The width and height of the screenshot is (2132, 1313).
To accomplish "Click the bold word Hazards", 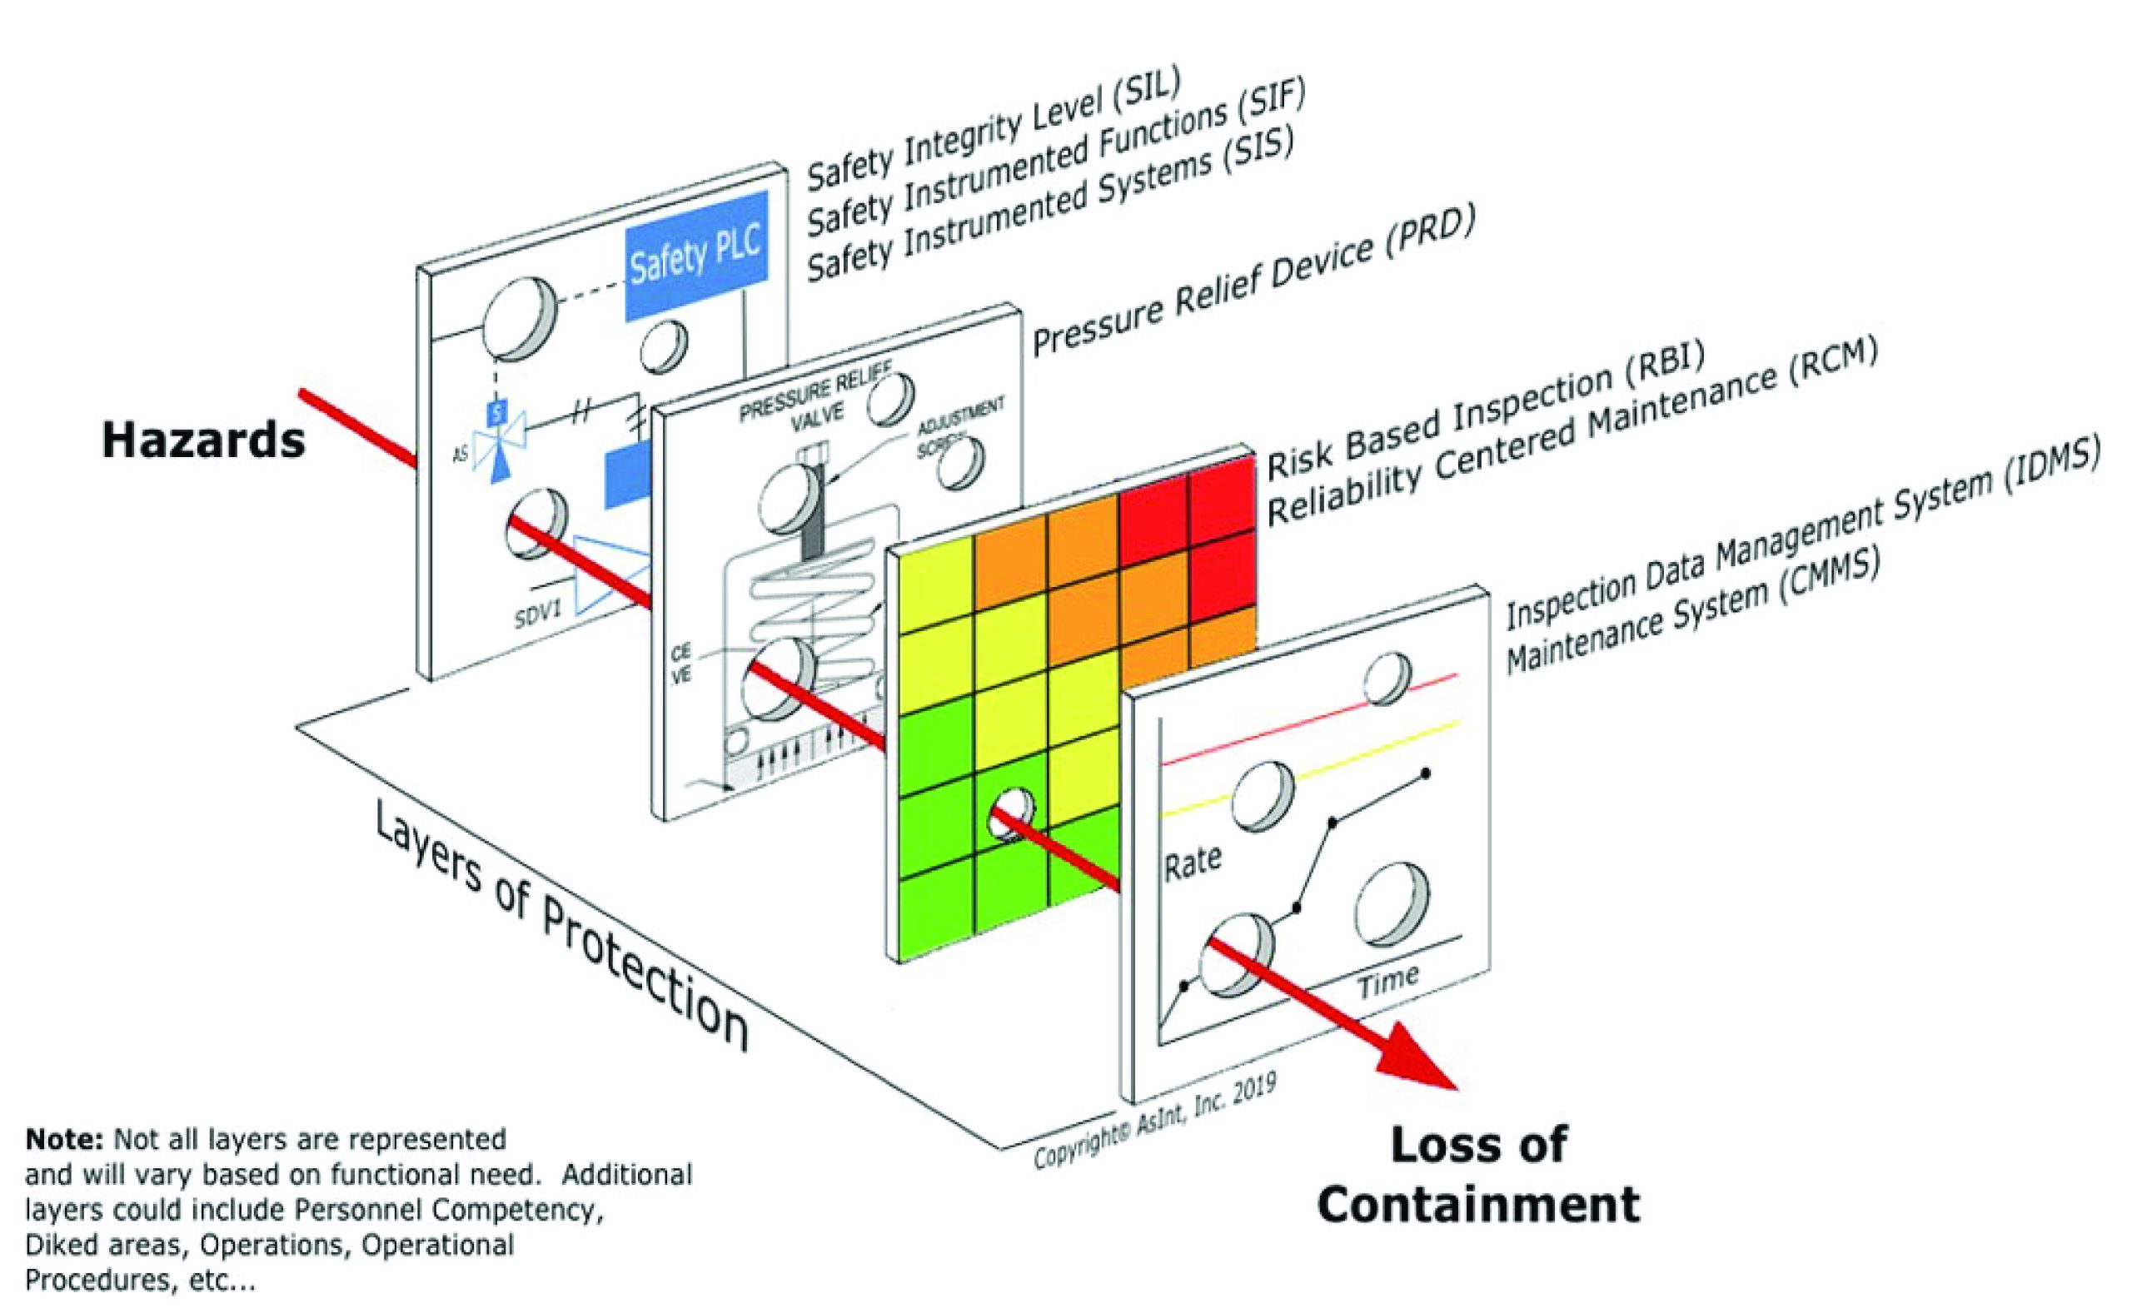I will pos(203,440).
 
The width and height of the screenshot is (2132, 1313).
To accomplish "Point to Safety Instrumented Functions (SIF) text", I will pos(1056,160).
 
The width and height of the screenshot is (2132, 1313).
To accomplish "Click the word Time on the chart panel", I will pos(1387,982).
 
